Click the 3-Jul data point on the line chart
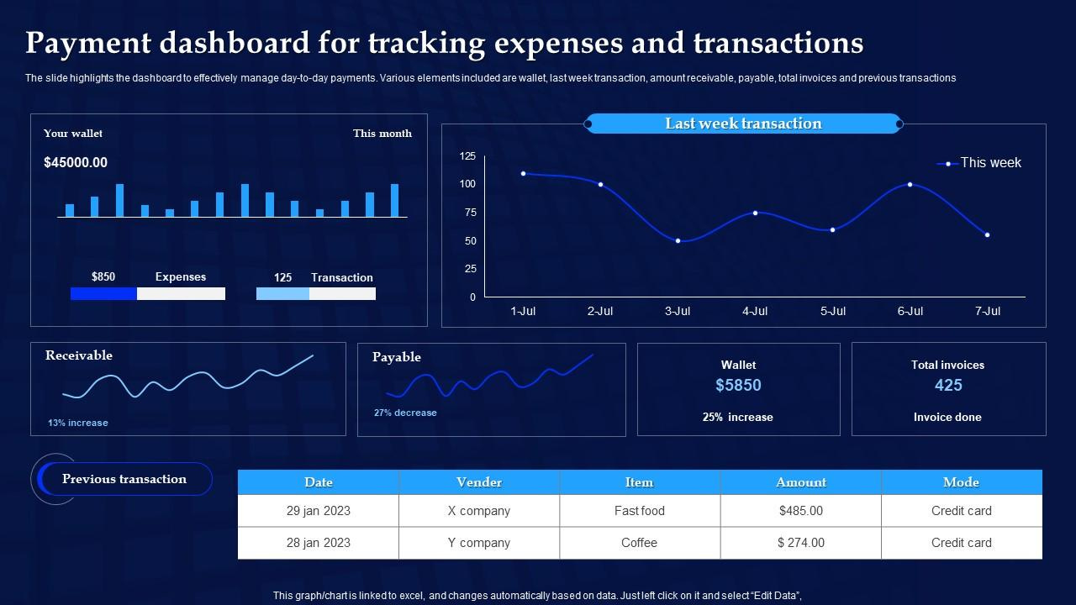coord(678,241)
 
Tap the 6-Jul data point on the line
coord(910,184)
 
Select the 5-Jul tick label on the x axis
coord(832,311)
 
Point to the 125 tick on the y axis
coord(467,156)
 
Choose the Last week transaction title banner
coord(743,124)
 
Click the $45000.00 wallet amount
coord(76,162)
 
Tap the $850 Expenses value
coord(103,276)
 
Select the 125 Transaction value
coord(282,277)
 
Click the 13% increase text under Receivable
coord(78,423)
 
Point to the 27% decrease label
coord(405,413)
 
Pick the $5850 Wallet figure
coord(738,385)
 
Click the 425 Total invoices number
coord(948,385)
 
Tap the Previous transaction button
coord(124,479)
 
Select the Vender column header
coord(479,482)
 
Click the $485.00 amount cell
coord(800,511)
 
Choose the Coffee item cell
coord(639,543)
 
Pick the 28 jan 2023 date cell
coord(318,543)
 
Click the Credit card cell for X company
coord(961,511)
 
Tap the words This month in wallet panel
coord(382,134)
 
